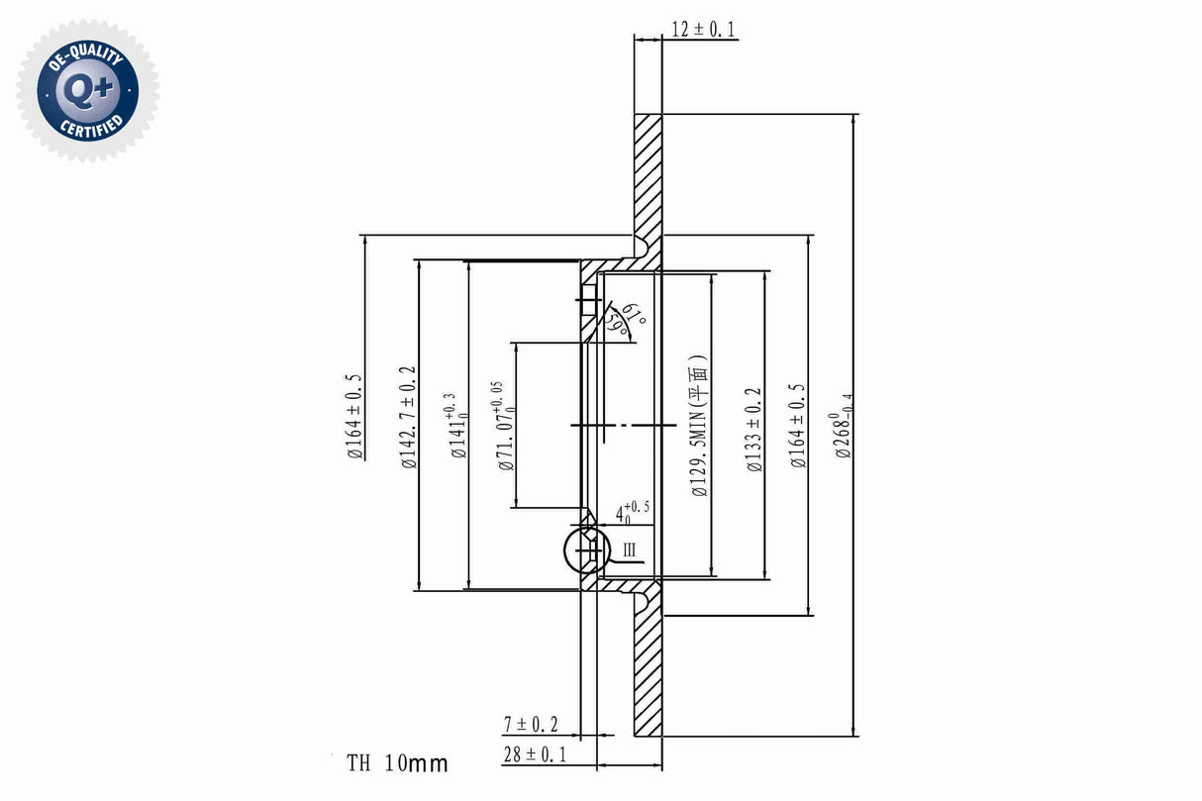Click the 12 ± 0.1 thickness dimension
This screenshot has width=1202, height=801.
coord(703,30)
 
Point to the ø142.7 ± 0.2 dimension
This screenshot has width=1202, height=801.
coord(406,416)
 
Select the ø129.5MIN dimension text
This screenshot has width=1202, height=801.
coord(700,426)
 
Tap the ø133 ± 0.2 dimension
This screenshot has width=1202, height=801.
coord(754,428)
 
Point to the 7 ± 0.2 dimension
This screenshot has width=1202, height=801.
coord(531,725)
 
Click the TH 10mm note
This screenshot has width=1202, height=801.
coord(397,763)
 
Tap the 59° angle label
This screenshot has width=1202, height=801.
coord(619,326)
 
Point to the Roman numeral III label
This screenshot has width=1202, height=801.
coord(630,551)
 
